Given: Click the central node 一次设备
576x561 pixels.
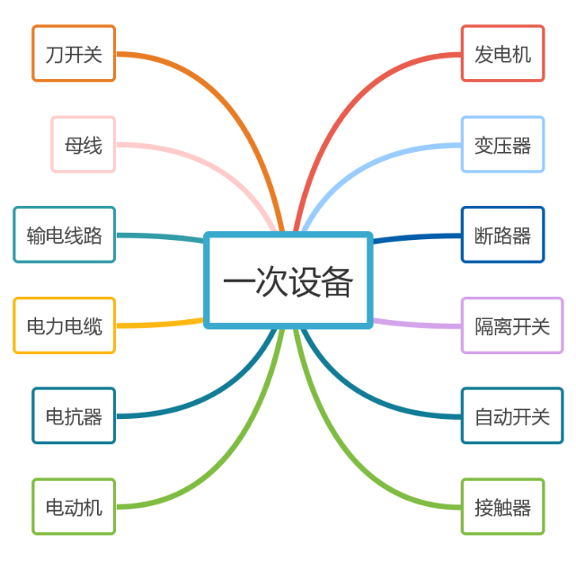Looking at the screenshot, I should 288,280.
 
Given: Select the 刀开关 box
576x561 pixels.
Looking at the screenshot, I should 74,54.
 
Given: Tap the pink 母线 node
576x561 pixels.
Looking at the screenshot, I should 83,144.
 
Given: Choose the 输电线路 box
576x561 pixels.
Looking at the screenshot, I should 64,235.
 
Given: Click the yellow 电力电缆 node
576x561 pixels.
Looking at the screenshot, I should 64,325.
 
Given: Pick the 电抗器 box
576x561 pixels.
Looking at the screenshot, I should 74,415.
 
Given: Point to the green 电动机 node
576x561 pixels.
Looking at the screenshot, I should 74,507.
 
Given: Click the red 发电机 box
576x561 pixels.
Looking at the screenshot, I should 502,54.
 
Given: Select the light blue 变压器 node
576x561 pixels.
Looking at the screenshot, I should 502,144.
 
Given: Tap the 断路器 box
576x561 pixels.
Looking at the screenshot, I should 502,235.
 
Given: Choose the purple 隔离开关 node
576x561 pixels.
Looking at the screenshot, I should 511,325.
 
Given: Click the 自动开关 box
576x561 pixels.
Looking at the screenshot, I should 511,415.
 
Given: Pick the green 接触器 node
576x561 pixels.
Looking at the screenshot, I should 502,507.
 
